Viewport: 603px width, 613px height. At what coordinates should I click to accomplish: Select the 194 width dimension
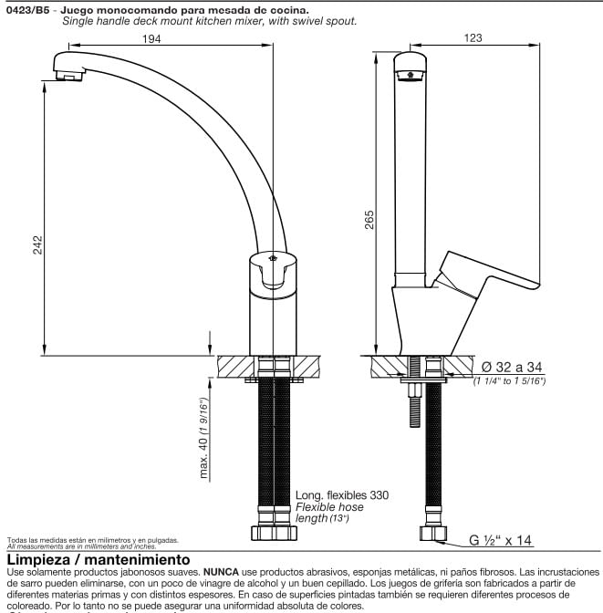[152, 38]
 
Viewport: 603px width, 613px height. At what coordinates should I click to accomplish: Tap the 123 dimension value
[473, 38]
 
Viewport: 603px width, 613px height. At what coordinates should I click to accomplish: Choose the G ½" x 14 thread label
[501, 541]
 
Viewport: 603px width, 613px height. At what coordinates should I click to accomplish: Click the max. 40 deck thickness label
[206, 439]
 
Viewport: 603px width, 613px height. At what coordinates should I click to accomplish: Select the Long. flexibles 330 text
[341, 495]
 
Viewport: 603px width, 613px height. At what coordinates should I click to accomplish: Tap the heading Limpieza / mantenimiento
[99, 558]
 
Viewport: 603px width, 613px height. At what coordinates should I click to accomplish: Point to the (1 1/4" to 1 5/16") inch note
[509, 380]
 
